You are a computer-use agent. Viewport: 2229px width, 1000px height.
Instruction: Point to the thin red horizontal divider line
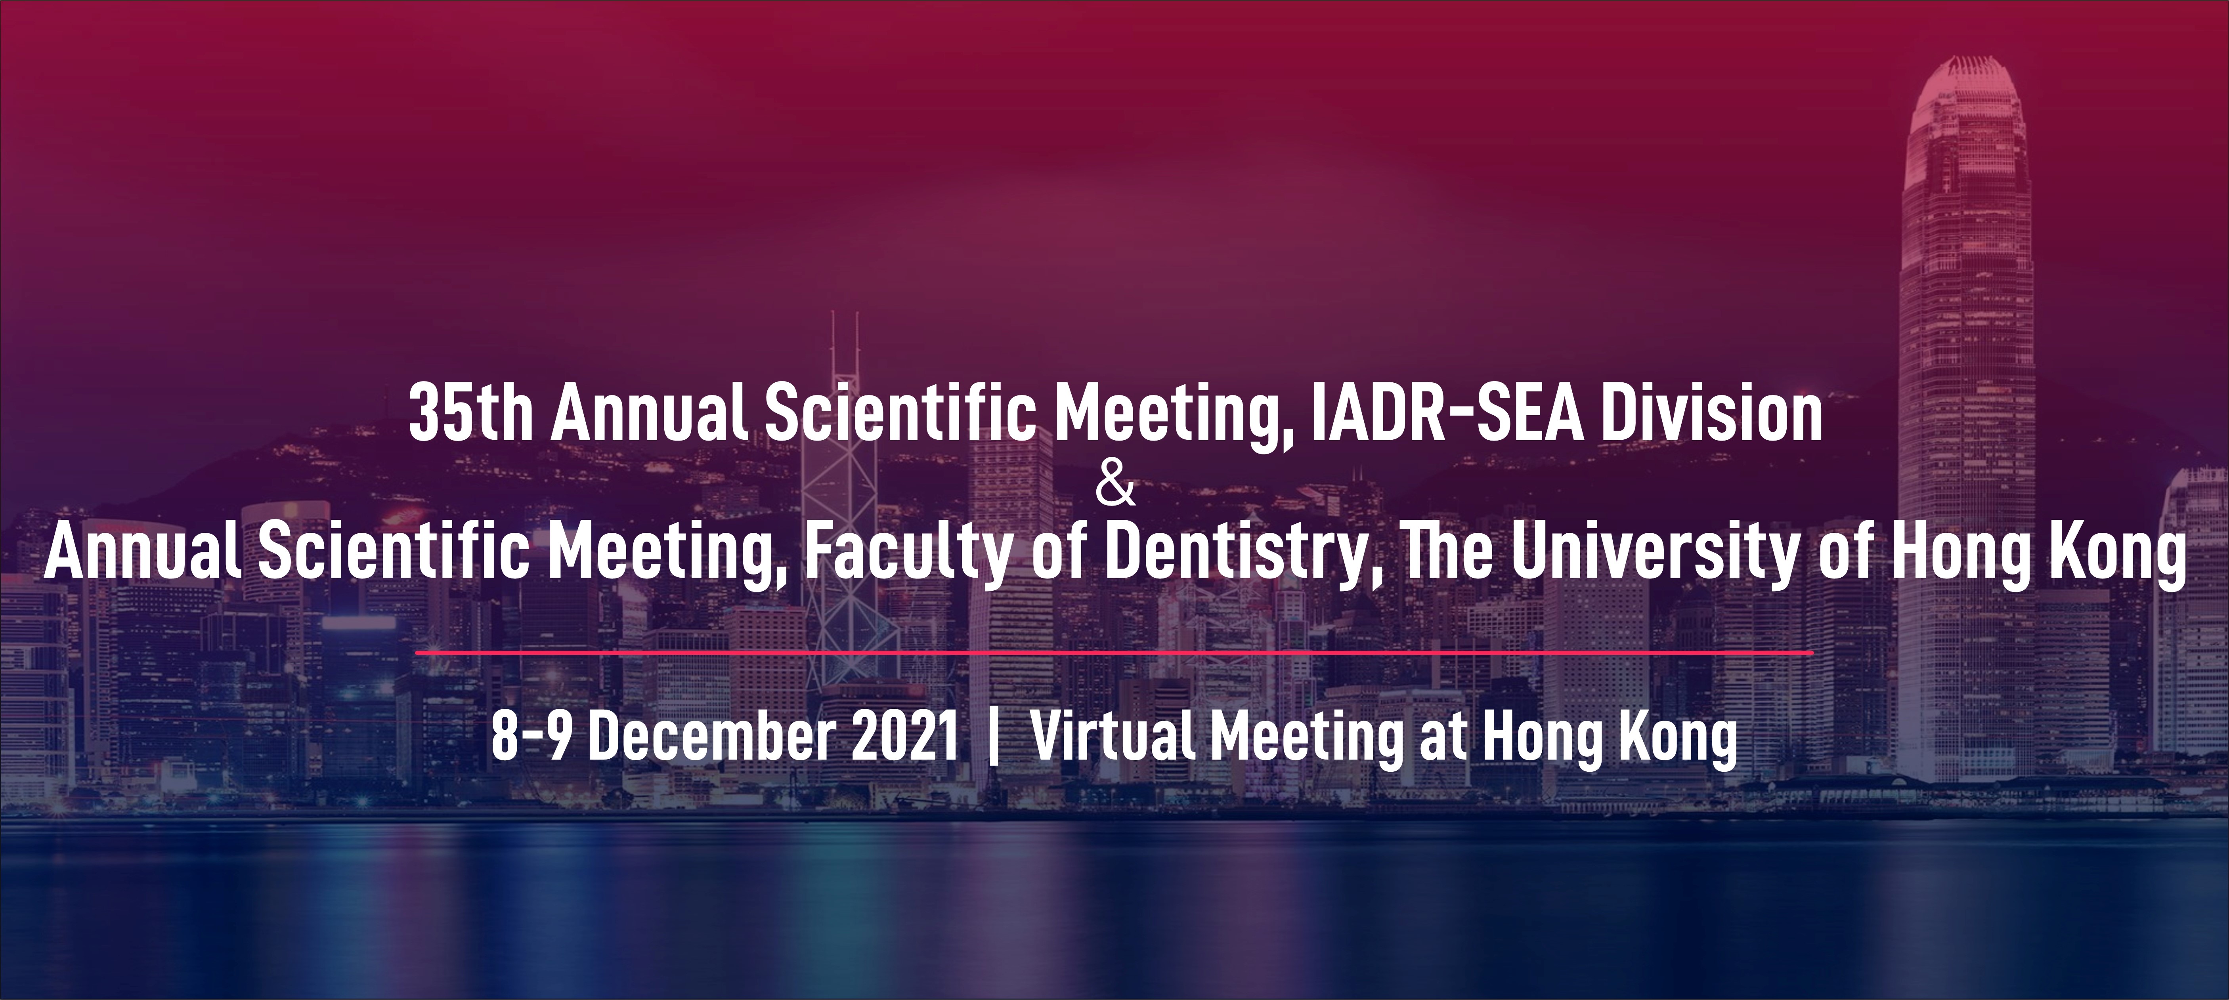click(x=1114, y=652)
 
